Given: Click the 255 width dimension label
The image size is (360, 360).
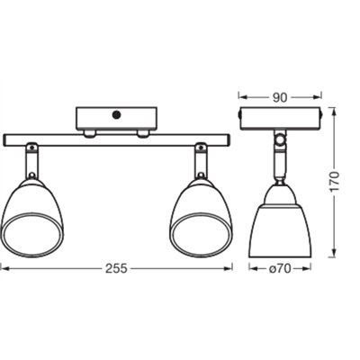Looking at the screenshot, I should pyautogui.click(x=114, y=267).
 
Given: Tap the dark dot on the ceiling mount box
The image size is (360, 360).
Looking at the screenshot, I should pyautogui.click(x=115, y=114).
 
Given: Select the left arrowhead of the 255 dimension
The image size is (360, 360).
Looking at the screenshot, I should pyautogui.click(x=4, y=267).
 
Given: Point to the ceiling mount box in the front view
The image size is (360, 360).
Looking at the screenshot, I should pyautogui.click(x=115, y=117).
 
